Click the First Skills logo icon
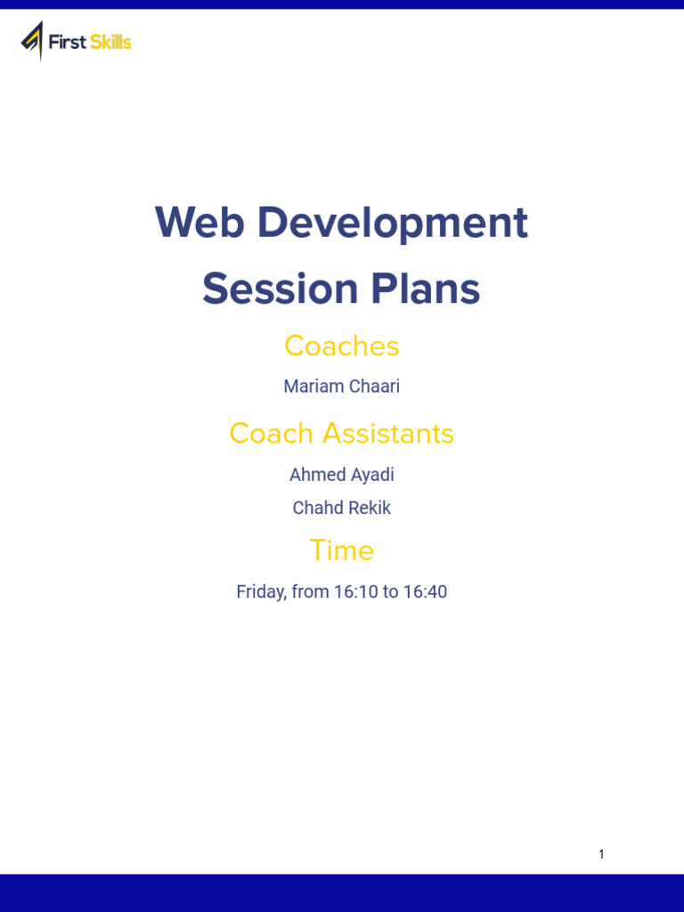(32, 40)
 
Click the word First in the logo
(67, 42)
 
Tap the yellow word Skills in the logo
(110, 42)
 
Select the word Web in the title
(199, 223)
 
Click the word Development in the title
(393, 223)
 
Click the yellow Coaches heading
(342, 346)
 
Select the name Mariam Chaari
(342, 387)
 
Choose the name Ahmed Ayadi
(342, 475)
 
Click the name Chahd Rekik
(342, 508)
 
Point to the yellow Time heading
(342, 550)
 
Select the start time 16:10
(356, 591)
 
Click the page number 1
(601, 854)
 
